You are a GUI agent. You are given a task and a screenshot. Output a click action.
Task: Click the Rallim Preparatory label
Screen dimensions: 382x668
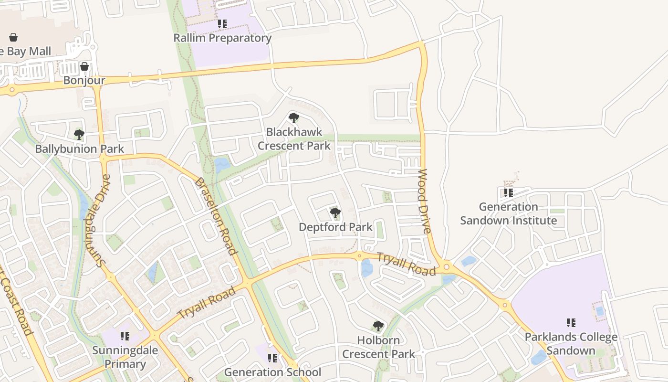click(222, 38)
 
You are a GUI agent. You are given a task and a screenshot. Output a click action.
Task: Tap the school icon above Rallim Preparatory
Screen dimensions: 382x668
click(222, 23)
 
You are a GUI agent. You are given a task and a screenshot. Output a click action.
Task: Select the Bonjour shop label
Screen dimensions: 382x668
click(84, 80)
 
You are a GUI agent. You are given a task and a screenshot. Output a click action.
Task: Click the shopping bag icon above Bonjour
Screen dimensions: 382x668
click(84, 66)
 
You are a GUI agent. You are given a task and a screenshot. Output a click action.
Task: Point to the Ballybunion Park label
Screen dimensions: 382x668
click(79, 149)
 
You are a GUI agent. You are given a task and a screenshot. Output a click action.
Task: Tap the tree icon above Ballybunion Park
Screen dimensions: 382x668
click(79, 135)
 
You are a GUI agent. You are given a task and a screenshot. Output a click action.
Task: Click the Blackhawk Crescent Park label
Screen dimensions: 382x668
click(294, 139)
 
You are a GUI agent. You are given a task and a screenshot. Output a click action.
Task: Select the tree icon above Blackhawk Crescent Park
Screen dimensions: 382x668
click(294, 117)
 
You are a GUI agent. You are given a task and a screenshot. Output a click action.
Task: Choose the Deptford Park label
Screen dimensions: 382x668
click(335, 227)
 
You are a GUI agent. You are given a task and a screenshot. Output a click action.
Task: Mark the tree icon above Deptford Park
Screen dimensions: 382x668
click(335, 213)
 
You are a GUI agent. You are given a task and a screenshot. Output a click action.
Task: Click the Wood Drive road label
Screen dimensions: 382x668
click(424, 201)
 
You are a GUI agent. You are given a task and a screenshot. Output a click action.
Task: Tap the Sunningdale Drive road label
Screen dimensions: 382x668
click(97, 220)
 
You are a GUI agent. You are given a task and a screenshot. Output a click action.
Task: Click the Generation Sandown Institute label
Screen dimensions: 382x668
click(508, 214)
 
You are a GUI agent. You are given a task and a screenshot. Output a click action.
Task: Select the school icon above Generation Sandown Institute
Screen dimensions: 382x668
click(509, 193)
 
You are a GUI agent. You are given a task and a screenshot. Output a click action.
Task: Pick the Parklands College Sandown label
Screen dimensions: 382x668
click(571, 344)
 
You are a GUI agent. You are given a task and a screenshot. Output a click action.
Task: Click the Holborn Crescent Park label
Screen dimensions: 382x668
click(378, 347)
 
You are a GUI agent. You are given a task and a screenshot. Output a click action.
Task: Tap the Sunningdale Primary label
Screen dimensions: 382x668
click(125, 357)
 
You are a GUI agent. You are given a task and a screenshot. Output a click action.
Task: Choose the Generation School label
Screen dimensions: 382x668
click(272, 372)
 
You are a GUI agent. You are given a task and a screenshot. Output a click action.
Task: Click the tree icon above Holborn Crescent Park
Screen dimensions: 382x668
click(378, 326)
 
